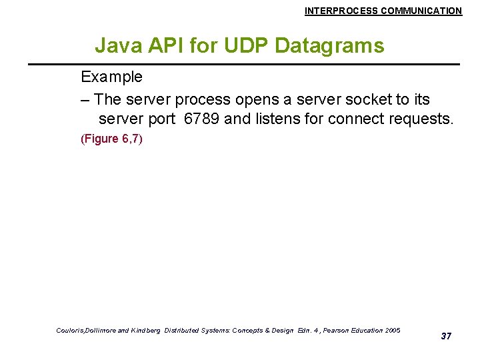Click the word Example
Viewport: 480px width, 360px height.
point(111,77)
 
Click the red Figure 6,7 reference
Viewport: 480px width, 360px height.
point(111,139)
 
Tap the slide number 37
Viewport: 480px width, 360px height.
point(446,336)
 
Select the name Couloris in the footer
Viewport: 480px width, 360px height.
point(71,331)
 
